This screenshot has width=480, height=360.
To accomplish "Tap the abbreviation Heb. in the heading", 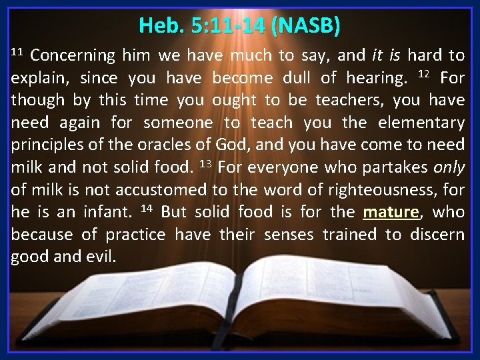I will coord(154,26).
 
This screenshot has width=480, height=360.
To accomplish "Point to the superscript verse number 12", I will coord(423,74).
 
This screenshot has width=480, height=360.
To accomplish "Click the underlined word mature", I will coord(391,213).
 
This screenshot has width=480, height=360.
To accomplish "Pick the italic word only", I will coord(448,168).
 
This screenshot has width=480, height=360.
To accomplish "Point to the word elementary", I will coord(423,123).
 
